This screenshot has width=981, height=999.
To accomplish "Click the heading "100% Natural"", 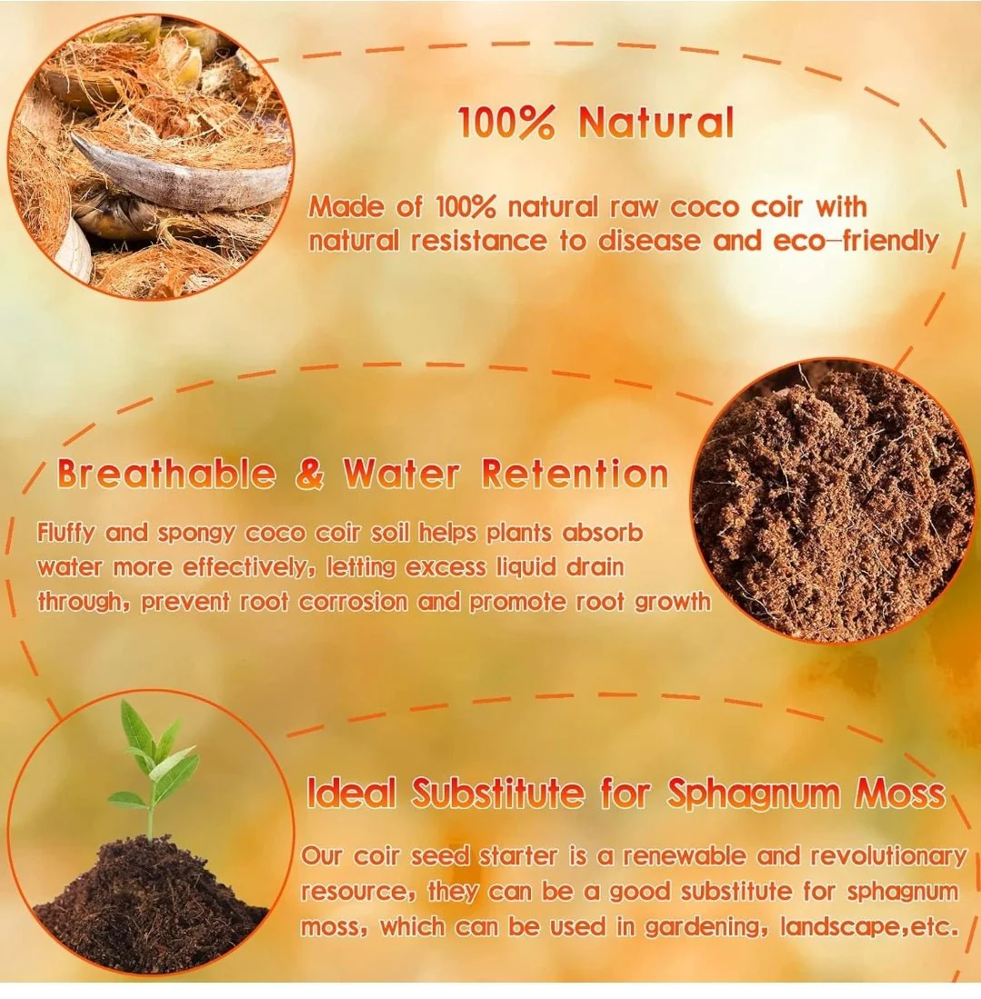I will coord(596,123).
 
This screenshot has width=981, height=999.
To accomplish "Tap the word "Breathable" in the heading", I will coord(165,474).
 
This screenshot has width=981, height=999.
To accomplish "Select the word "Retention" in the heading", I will coord(575,474).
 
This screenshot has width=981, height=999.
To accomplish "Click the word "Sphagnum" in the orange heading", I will coord(763,793).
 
